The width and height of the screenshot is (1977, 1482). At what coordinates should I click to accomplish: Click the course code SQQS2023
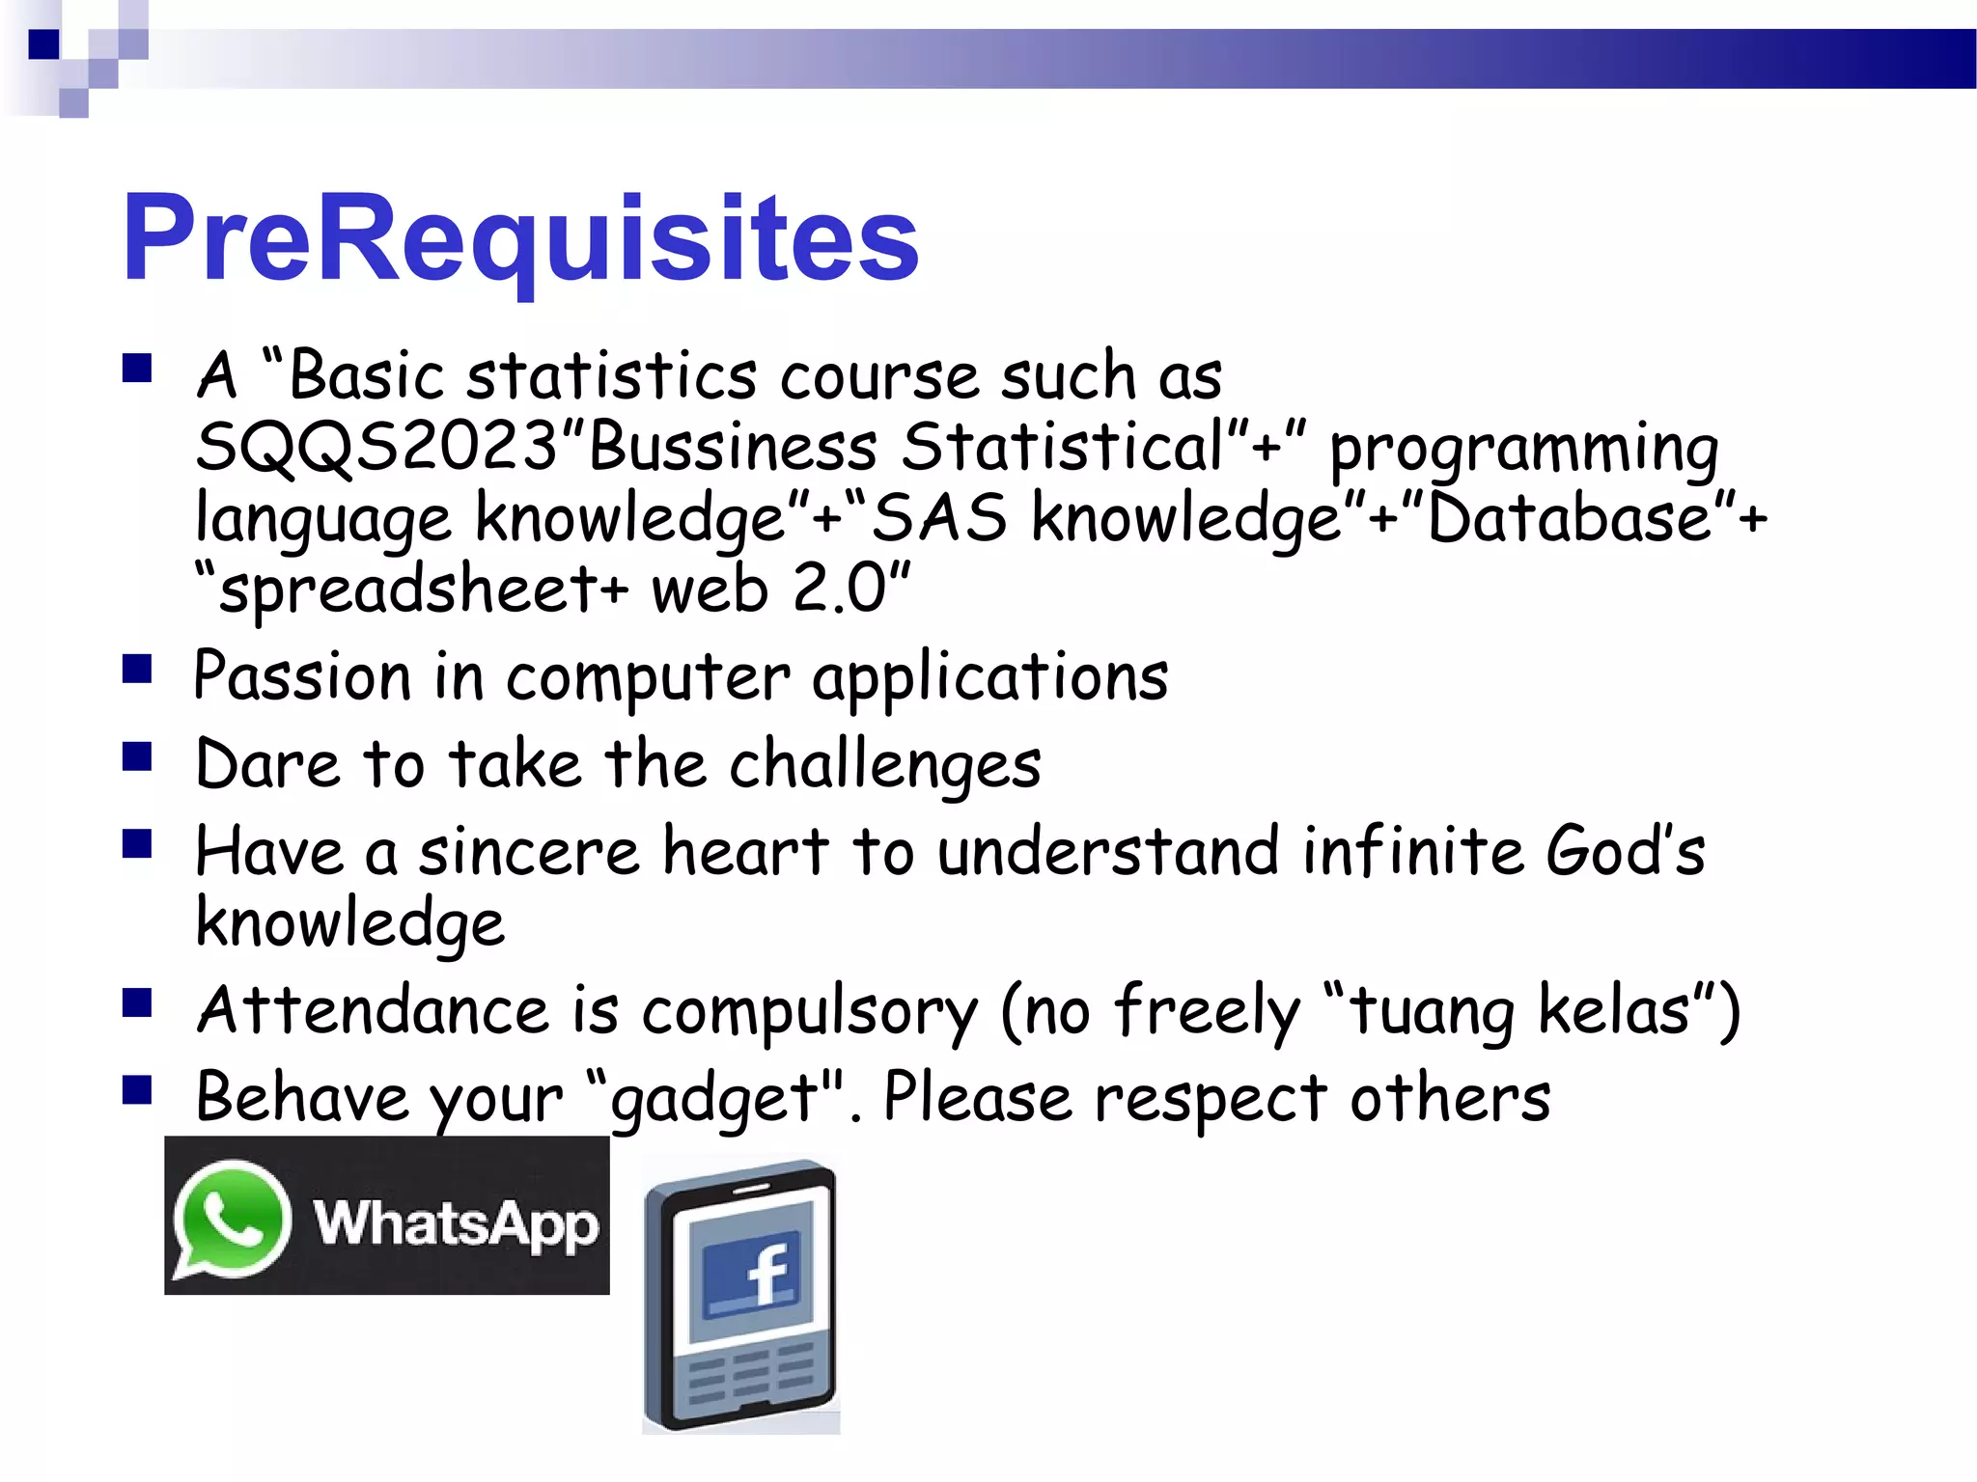[376, 448]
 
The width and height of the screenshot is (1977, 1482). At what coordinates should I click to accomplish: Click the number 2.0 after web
[838, 590]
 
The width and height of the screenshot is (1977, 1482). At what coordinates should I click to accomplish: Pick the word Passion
[302, 677]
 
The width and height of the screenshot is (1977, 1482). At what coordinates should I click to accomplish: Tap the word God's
[1625, 853]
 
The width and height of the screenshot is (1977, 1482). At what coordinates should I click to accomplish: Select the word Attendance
[373, 1011]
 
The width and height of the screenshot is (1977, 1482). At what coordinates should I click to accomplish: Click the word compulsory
[809, 1011]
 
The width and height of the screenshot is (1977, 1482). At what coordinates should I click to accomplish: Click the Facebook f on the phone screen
[767, 1274]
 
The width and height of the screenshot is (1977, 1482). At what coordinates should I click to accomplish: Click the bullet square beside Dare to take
[138, 756]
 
